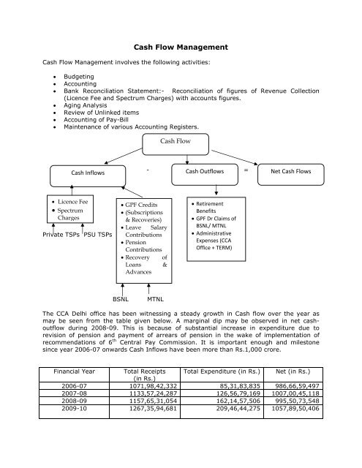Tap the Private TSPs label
pos(61,235)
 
